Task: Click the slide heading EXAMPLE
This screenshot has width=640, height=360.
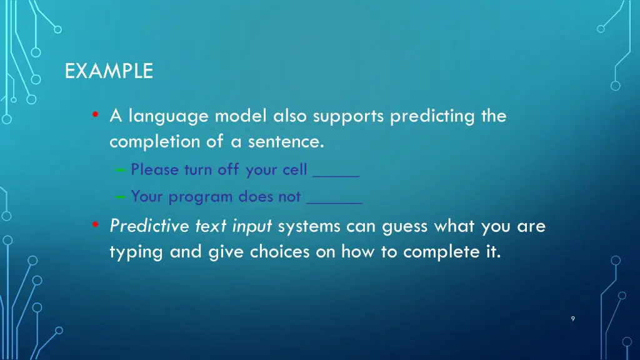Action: [x=109, y=71]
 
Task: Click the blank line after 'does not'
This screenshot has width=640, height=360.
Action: [x=334, y=202]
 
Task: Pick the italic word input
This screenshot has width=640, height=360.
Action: [x=252, y=227]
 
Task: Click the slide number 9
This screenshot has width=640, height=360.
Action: [x=573, y=319]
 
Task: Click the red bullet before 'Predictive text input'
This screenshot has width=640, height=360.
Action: [x=95, y=225]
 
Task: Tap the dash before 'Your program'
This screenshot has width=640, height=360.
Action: [x=120, y=197]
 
